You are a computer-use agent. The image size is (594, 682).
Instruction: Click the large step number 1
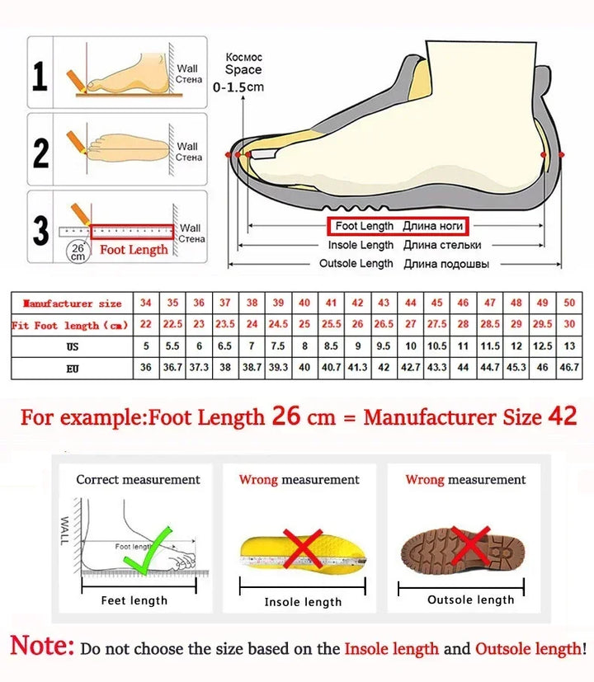[40, 77]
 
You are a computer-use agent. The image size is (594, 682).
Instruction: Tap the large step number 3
[40, 230]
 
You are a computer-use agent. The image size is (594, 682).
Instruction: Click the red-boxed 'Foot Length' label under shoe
[399, 226]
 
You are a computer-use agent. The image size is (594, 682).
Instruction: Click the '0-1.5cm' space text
[238, 87]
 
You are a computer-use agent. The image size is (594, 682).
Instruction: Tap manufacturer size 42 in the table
[357, 303]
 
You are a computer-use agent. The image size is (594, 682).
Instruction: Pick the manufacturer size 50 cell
[568, 303]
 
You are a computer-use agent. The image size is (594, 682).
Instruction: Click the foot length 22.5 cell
[172, 325]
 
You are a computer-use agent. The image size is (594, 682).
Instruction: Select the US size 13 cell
[568, 346]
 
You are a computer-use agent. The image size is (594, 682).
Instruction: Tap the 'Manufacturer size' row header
[73, 303]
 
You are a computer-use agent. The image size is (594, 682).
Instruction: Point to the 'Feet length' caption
[134, 600]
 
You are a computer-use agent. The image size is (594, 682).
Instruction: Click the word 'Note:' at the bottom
[42, 646]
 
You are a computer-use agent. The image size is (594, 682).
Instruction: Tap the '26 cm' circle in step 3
[78, 251]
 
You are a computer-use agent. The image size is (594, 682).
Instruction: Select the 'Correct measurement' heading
[138, 479]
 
